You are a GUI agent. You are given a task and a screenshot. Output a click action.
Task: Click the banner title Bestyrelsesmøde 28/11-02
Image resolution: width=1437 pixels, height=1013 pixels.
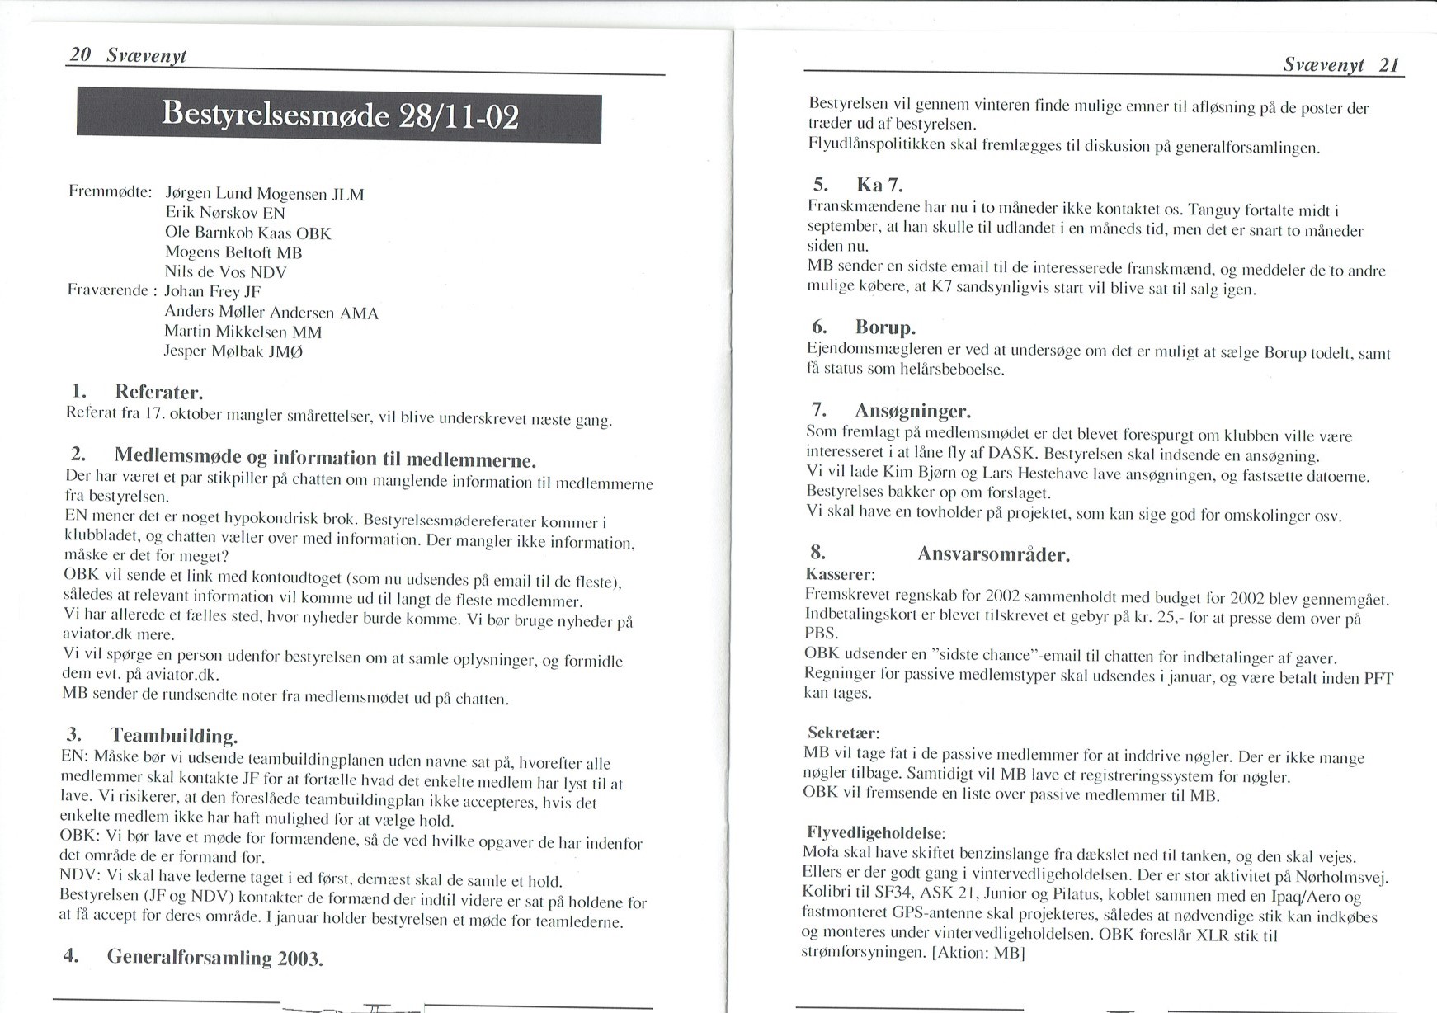click(x=339, y=115)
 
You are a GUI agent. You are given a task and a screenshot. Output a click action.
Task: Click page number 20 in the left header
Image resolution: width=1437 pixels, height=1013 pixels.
click(x=80, y=54)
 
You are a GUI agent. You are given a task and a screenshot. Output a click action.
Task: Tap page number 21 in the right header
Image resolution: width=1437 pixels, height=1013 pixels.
click(x=1389, y=65)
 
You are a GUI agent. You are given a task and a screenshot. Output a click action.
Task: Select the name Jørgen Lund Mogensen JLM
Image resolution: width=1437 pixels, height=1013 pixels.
click(x=264, y=194)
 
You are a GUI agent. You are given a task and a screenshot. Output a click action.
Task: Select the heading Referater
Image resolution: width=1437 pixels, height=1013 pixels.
click(x=158, y=391)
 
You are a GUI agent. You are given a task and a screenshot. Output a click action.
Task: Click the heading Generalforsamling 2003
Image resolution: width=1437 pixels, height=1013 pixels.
click(x=214, y=957)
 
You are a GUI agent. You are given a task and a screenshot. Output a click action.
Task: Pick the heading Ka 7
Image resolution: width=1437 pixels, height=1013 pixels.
click(x=879, y=184)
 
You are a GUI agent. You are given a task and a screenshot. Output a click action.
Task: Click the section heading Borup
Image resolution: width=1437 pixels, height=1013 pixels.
click(x=884, y=327)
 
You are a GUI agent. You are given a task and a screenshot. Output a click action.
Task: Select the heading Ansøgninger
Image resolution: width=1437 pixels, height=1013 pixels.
click(x=912, y=410)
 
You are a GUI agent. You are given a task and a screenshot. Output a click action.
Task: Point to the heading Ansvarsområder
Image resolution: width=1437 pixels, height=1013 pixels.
click(x=993, y=554)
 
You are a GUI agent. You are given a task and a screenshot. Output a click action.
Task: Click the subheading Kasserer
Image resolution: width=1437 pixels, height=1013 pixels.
click(x=839, y=573)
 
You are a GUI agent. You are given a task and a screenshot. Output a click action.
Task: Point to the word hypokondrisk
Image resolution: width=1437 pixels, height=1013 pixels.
click(x=268, y=521)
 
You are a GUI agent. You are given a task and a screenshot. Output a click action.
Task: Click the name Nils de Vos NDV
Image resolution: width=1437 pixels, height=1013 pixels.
click(x=225, y=271)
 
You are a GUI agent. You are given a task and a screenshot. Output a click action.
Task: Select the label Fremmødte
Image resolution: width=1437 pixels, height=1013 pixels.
click(x=110, y=191)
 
